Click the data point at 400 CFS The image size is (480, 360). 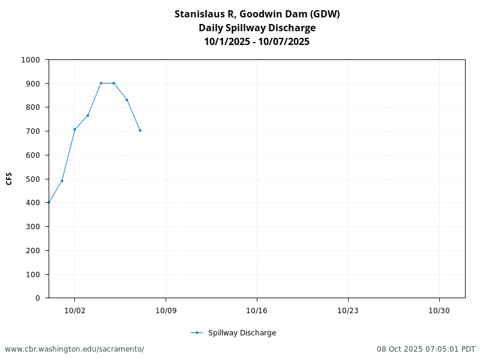[x=49, y=202]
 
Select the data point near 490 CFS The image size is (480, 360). [x=62, y=181]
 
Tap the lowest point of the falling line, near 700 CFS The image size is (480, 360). [x=140, y=130]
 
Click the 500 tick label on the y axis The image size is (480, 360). [x=34, y=179]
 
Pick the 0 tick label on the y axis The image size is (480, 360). [x=37, y=298]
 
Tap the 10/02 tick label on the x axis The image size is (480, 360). [x=74, y=310]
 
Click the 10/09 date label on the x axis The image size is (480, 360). [x=166, y=310]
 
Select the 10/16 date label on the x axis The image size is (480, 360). [x=257, y=310]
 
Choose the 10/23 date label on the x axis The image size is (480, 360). [x=348, y=310]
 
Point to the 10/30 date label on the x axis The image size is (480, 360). [x=439, y=310]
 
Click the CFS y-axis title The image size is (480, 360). [x=9, y=179]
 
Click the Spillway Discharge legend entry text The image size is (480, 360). [x=242, y=333]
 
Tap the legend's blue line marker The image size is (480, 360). [x=197, y=333]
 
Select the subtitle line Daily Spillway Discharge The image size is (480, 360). [x=257, y=28]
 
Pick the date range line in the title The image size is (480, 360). [x=257, y=41]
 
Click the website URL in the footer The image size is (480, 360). [x=74, y=349]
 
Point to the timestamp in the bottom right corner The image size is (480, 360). [x=426, y=349]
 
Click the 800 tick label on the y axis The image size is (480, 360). [x=34, y=107]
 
